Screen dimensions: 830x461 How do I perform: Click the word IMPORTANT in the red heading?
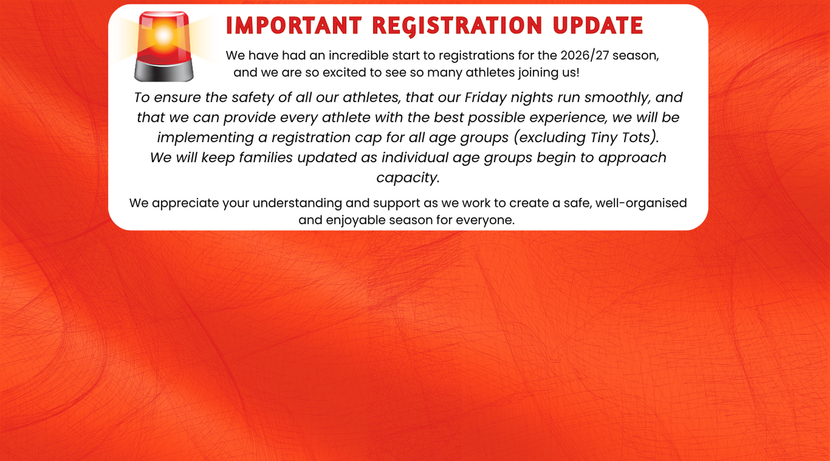pos(294,25)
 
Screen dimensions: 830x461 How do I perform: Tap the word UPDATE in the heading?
pos(598,25)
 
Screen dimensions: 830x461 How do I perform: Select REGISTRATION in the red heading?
pos(457,26)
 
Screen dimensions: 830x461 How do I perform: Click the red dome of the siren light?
pos(164,37)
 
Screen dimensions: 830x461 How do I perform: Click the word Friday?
pos(486,97)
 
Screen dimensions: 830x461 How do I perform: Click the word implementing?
pos(205,138)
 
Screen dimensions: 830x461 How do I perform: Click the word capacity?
pos(408,178)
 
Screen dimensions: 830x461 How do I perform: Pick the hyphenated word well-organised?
pos(641,203)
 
